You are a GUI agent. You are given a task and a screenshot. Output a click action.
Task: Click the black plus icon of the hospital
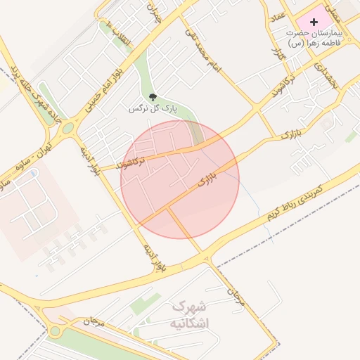(x=314, y=22)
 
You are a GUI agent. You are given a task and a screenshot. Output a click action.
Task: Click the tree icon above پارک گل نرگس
(x=153, y=98)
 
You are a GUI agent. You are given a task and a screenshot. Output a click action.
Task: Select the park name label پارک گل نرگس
(x=150, y=110)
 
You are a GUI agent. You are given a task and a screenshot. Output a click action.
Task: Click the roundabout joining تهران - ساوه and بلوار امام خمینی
(x=68, y=129)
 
